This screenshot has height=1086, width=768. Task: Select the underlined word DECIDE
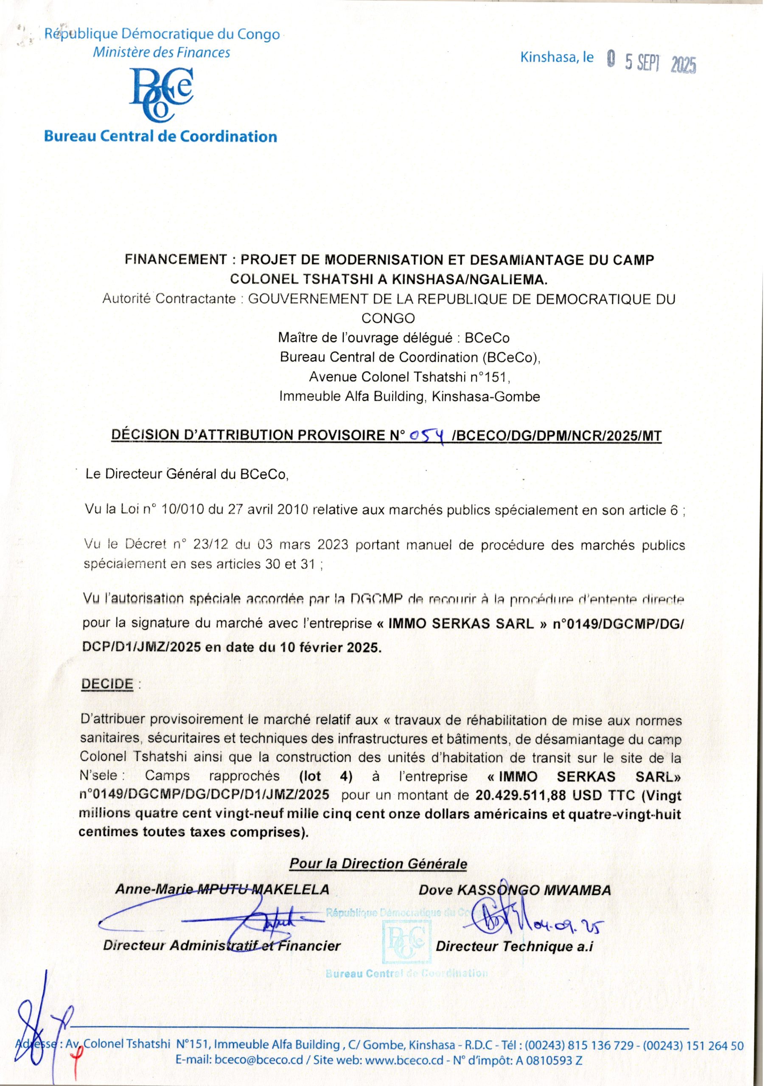click(x=107, y=684)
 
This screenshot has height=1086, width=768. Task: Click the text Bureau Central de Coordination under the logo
click(x=160, y=137)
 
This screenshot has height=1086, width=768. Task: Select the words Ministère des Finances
click(x=161, y=53)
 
